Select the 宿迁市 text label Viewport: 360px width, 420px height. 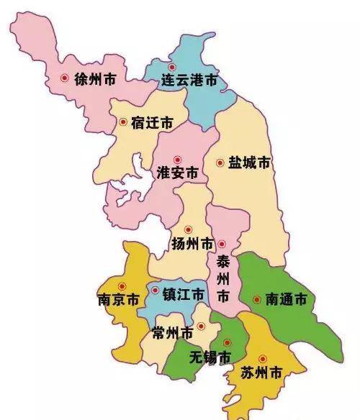[152, 123]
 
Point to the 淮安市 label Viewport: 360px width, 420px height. [177, 174]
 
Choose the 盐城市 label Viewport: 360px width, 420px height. [249, 163]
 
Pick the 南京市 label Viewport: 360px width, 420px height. [117, 300]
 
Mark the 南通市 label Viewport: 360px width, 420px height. [286, 298]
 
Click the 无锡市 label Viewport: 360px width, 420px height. [211, 357]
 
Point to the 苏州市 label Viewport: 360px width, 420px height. [260, 373]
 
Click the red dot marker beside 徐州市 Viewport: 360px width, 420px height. [65, 78]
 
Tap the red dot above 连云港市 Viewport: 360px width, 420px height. [171, 67]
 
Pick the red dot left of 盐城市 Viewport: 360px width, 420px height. [220, 163]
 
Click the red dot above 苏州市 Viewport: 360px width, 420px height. [262, 358]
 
